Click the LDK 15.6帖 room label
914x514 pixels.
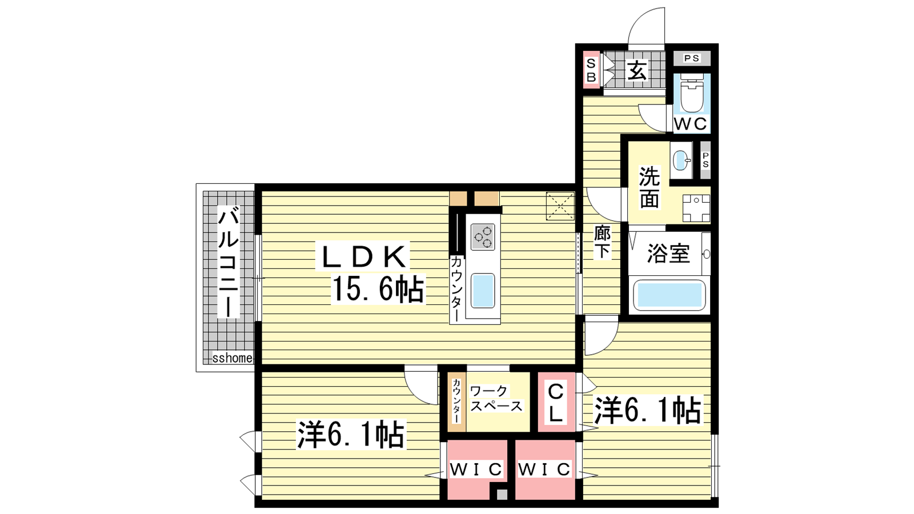371,272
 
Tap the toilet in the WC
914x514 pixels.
692,93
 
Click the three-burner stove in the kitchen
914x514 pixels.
483,236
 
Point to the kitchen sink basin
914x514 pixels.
483,291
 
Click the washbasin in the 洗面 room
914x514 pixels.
681,160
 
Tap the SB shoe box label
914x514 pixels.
591,70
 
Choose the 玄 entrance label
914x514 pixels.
636,71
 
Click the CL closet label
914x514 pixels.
556,403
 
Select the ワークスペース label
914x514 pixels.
496,399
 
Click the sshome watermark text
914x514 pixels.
232,358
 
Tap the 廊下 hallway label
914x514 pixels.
602,242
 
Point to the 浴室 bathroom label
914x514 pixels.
669,254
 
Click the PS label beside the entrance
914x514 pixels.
692,58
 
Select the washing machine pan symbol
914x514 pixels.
696,208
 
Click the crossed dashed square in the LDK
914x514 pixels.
560,206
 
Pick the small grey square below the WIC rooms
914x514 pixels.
502,495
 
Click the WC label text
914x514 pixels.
691,124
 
